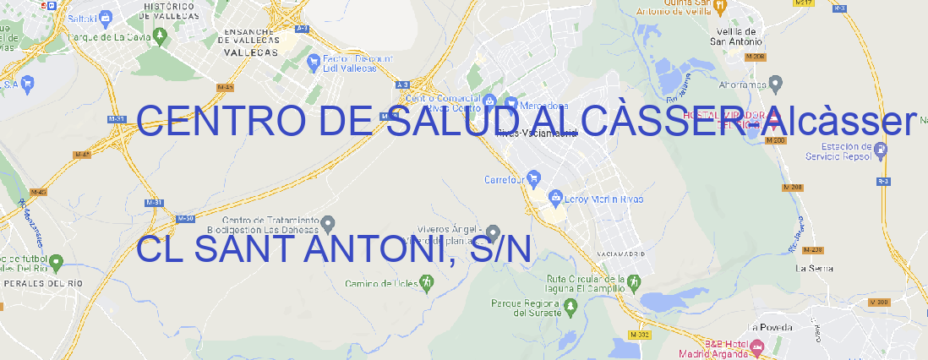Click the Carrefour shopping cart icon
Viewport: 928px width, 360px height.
(x=534, y=179)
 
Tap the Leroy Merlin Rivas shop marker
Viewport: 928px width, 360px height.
(x=555, y=199)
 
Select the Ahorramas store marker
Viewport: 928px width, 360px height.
(x=777, y=83)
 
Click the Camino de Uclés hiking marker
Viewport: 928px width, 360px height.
(x=426, y=283)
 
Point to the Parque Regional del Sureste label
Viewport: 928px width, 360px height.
(x=526, y=308)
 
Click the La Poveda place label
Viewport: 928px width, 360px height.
(x=770, y=327)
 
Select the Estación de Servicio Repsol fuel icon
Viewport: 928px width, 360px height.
(x=882, y=151)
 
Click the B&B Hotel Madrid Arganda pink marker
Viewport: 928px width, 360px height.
(x=757, y=346)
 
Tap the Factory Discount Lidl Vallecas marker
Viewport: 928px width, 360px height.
(x=314, y=61)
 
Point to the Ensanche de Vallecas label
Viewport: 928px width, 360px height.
(x=248, y=40)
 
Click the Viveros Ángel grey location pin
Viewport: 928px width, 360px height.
(x=492, y=232)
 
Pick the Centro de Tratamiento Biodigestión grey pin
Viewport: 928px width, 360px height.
(x=329, y=224)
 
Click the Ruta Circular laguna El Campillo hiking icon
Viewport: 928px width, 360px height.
(x=634, y=282)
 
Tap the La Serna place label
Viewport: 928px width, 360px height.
(x=815, y=268)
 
